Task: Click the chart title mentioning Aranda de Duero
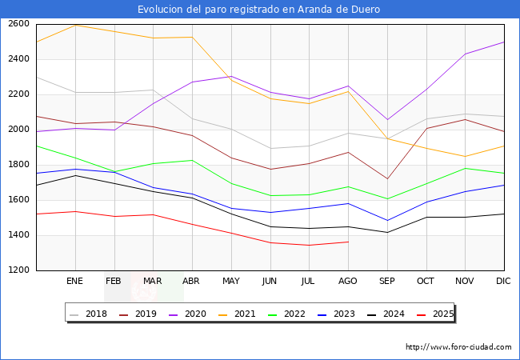(258, 10)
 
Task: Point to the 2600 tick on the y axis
(19, 24)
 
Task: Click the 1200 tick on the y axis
(19, 270)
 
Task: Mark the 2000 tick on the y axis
(19, 130)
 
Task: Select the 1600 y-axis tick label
(19, 200)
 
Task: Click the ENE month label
(74, 282)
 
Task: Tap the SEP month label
(387, 282)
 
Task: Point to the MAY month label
(230, 282)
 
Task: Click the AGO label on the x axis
(348, 282)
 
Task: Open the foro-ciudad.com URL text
(458, 347)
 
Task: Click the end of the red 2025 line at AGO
(348, 242)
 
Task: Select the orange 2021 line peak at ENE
(75, 25)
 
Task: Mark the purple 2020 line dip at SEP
(387, 120)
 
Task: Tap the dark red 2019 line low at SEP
(387, 179)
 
